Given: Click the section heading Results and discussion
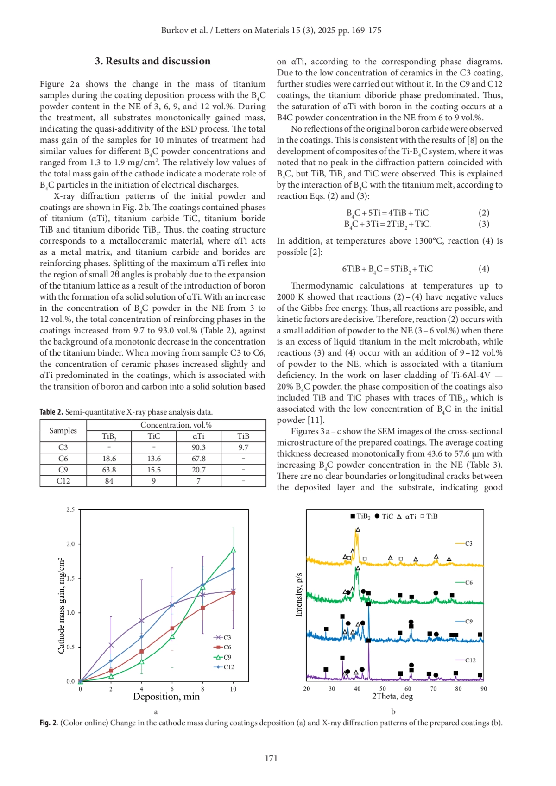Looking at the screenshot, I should (152, 61).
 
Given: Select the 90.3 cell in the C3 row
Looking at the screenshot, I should (198, 447).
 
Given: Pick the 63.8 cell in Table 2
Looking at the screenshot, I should (109, 470).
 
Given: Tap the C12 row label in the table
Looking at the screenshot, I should (63, 481).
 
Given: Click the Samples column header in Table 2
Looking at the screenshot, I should (63, 430).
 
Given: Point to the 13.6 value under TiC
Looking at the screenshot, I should (154, 459).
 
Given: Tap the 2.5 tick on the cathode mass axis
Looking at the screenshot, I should (70, 509).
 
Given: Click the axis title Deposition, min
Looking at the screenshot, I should (166, 697).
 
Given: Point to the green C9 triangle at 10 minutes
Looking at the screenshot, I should (233, 550).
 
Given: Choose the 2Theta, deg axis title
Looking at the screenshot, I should (392, 696).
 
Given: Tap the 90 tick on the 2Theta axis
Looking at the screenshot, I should (484, 689).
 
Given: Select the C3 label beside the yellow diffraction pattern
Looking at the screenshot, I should (468, 543).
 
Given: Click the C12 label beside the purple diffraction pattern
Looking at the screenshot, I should (470, 660).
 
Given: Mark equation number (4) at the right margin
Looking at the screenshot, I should (484, 269).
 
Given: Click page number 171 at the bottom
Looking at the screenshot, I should (271, 758).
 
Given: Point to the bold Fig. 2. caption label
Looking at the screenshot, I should (49, 723).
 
